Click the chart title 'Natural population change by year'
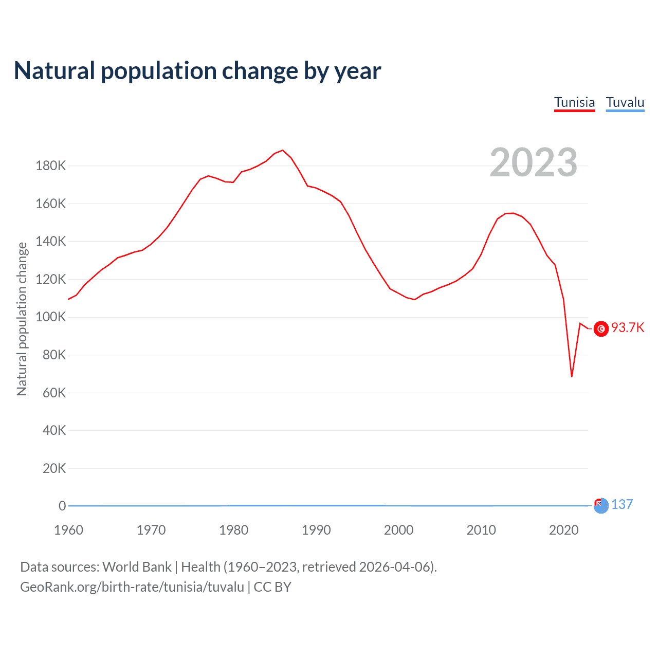click(197, 71)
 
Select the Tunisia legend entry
click(574, 102)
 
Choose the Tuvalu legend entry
click(625, 102)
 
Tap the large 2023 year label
click(533, 162)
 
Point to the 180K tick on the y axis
click(50, 166)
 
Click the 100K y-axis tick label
click(50, 317)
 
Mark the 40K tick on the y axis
click(54, 430)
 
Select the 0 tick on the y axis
click(62, 506)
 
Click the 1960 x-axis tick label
click(68, 530)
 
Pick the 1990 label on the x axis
click(316, 530)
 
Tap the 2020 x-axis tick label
click(564, 530)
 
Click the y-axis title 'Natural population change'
click(22, 319)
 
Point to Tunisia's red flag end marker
click(601, 328)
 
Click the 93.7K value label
click(628, 328)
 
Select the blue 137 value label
click(622, 504)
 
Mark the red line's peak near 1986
click(283, 150)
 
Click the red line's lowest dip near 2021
click(572, 377)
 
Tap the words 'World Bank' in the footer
click(137, 567)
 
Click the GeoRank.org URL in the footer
click(132, 587)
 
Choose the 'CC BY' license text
click(272, 587)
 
